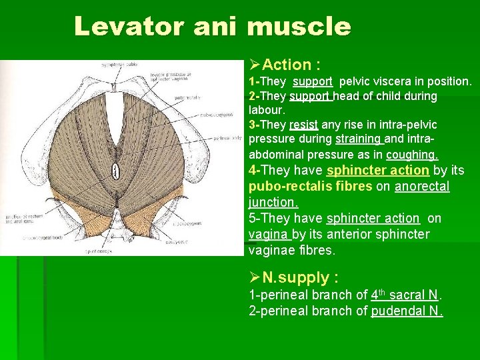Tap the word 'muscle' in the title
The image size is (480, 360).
point(298,27)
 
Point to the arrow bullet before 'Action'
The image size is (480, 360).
point(254,65)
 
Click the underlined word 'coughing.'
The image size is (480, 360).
point(412,154)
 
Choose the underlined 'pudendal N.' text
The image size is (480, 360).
point(407,311)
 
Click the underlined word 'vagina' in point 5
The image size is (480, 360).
point(269,234)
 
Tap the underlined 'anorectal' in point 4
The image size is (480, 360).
point(422,186)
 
